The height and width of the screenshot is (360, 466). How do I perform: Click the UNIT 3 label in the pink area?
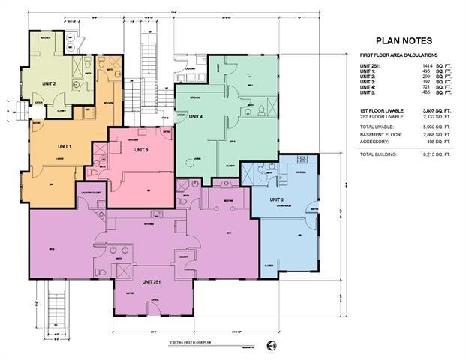(x=142, y=150)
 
